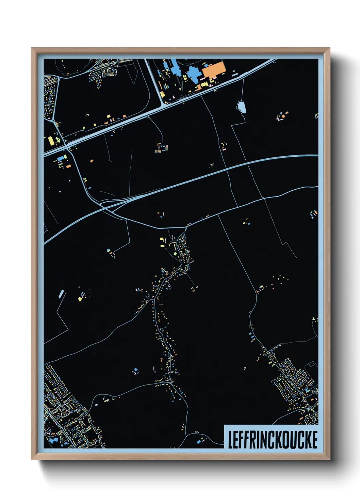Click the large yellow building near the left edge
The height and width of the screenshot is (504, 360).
(x=51, y=140)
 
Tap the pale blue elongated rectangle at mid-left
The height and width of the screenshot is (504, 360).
(x=61, y=293)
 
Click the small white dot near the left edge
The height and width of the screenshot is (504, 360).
(x=69, y=181)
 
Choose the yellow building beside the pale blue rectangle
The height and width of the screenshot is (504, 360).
(x=80, y=299)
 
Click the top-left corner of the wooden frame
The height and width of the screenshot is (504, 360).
(x=32, y=48)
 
